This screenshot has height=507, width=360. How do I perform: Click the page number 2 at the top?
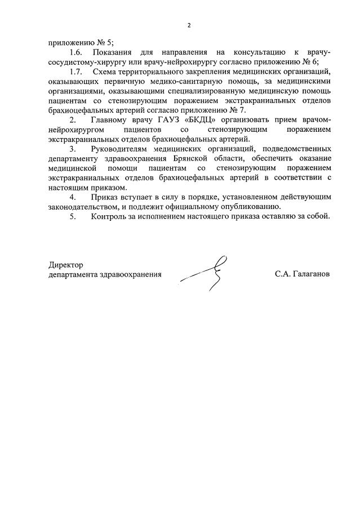189,25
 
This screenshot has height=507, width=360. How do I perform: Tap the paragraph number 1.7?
76,72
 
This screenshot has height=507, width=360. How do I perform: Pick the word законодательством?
83,206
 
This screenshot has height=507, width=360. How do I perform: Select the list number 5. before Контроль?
73,216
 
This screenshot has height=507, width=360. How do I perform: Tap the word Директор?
65,265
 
